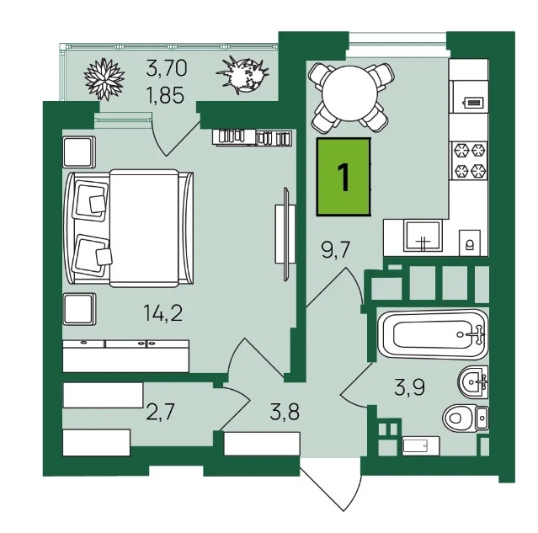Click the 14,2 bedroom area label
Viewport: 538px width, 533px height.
point(163,313)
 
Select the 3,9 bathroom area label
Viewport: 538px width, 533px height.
point(409,386)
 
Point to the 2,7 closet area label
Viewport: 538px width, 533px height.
point(161,412)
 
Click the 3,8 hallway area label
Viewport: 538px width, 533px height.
point(285,412)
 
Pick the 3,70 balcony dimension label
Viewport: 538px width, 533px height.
point(167,67)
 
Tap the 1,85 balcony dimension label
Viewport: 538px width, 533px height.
point(165,95)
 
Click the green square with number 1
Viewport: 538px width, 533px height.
point(344,177)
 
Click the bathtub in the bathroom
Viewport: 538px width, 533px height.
point(432,334)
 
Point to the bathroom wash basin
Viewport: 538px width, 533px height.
point(472,381)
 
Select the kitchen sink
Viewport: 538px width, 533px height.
point(423,236)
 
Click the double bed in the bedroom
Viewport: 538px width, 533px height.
point(129,228)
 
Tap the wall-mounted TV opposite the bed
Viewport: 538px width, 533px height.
point(285,234)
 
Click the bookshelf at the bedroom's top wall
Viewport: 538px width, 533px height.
point(253,137)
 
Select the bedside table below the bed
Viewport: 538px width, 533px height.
point(79,309)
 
